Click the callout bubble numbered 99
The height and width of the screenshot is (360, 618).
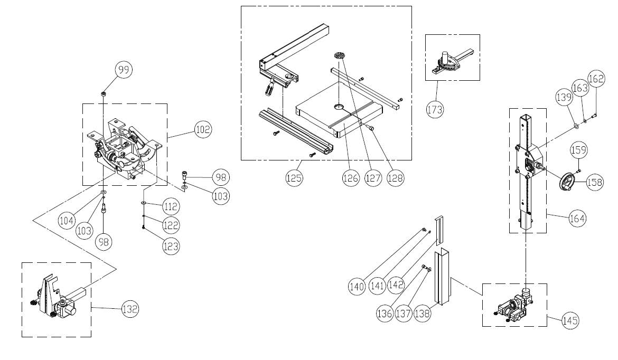click(x=124, y=70)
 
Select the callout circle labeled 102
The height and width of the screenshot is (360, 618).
click(x=203, y=129)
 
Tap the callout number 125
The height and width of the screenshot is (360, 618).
click(x=294, y=178)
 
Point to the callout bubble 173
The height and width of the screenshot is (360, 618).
click(x=435, y=109)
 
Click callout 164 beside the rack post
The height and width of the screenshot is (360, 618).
click(x=577, y=218)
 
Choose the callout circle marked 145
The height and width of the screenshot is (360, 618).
click(x=570, y=320)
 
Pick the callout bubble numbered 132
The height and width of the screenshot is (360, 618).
click(x=130, y=309)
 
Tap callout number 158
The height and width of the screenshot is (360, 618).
click(x=594, y=182)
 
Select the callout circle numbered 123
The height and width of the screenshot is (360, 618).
click(x=171, y=246)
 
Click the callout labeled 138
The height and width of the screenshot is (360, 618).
click(x=422, y=313)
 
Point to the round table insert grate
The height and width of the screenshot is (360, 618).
click(x=339, y=55)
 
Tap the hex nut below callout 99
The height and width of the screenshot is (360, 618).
click(x=103, y=94)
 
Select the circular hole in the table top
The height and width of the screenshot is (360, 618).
click(x=338, y=107)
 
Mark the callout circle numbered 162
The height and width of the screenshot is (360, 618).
click(x=596, y=79)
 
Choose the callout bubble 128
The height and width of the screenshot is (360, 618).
click(x=395, y=178)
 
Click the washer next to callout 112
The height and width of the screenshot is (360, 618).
click(x=144, y=203)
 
